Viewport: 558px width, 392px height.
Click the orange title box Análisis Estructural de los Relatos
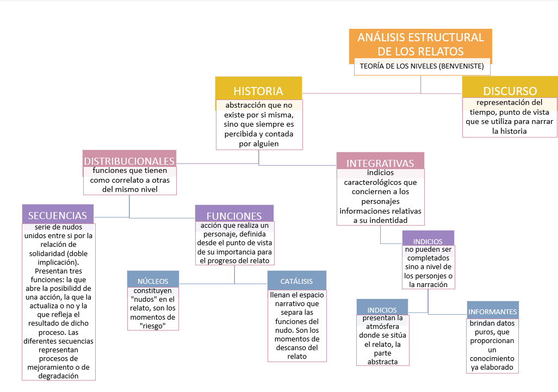[420, 44]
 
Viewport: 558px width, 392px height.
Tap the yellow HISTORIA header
[258, 90]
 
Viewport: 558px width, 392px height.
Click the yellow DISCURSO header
[510, 91]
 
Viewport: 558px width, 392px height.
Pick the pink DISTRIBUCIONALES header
[129, 160]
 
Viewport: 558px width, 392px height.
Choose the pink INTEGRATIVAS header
[380, 163]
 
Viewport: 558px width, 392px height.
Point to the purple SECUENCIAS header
[58, 215]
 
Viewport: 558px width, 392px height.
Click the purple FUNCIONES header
[234, 215]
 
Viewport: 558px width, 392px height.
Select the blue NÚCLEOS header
[153, 281]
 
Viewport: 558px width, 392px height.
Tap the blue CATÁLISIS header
[296, 281]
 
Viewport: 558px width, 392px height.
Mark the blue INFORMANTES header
[492, 312]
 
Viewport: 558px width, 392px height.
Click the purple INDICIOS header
[427, 241]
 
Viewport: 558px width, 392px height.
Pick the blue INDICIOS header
[382, 310]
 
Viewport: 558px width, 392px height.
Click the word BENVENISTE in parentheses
[462, 69]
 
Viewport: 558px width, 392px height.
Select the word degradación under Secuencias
[58, 376]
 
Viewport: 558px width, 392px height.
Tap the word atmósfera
[382, 327]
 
